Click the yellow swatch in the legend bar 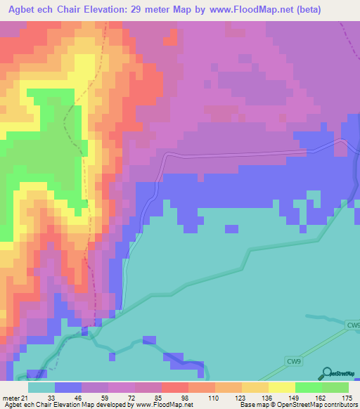tap(281, 388)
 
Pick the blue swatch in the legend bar tap(67, 388)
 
